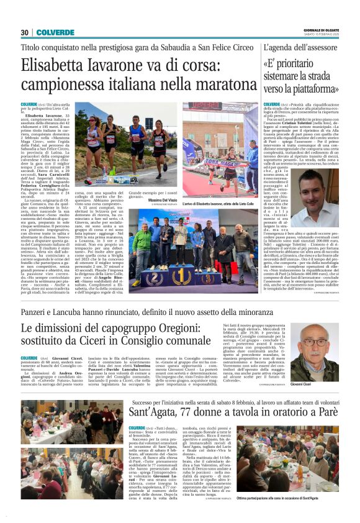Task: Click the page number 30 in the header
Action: [x=25, y=32]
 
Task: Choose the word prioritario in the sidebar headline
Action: [x=308, y=64]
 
